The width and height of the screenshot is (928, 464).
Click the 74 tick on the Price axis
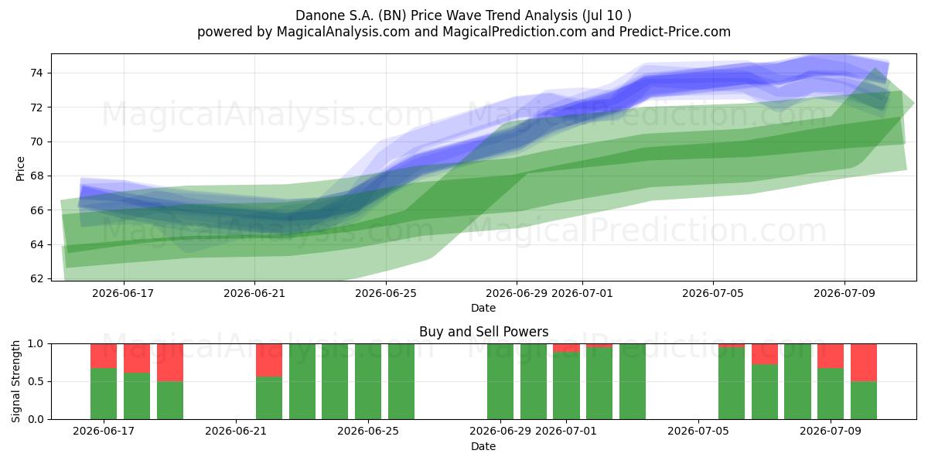coord(36,73)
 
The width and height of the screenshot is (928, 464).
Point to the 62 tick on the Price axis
coord(36,279)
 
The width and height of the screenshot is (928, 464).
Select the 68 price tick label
coord(36,176)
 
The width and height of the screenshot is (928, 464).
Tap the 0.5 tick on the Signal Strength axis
coord(36,381)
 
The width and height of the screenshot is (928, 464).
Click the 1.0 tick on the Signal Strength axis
coord(36,344)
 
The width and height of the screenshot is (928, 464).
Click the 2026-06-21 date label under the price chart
coord(254,293)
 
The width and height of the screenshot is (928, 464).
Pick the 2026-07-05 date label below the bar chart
coord(698,431)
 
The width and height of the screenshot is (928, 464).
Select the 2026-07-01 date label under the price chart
coord(582,293)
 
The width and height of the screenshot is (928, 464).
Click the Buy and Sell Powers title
coord(483,332)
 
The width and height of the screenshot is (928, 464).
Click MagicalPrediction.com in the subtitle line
coord(514,32)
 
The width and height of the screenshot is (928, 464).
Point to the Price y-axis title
coord(20,169)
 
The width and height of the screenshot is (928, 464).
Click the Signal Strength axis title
coord(15,381)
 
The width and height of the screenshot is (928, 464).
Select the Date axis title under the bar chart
coord(483,446)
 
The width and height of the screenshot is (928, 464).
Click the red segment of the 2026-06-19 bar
coord(170,363)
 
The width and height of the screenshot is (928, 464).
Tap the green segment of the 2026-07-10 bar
coord(864,401)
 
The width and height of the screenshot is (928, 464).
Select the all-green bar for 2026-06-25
coord(368,381)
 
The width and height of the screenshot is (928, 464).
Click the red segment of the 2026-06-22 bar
coord(269,360)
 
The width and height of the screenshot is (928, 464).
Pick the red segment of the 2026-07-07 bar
coord(765,354)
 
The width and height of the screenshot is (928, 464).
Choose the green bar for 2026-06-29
coord(500,381)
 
